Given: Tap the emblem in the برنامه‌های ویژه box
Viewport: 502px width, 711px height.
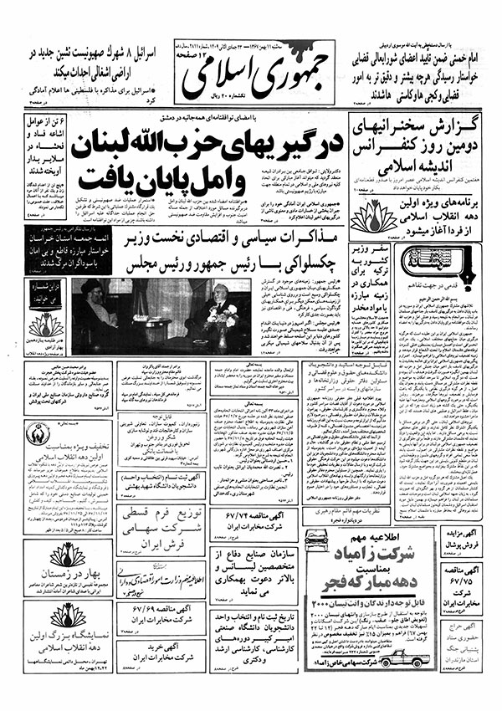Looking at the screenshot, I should [x=349, y=220].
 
